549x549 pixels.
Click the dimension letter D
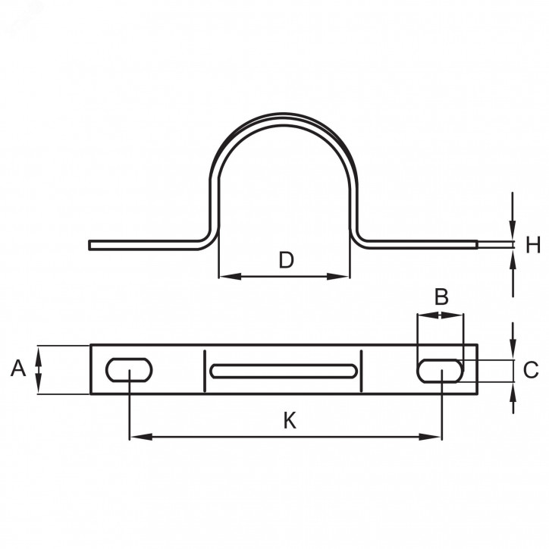287,260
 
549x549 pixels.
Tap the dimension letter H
533,244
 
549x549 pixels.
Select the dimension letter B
441,296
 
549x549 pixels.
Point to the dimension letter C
531,370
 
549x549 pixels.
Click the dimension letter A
18,369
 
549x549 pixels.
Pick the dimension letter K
290,421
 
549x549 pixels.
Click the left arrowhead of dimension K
141,437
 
